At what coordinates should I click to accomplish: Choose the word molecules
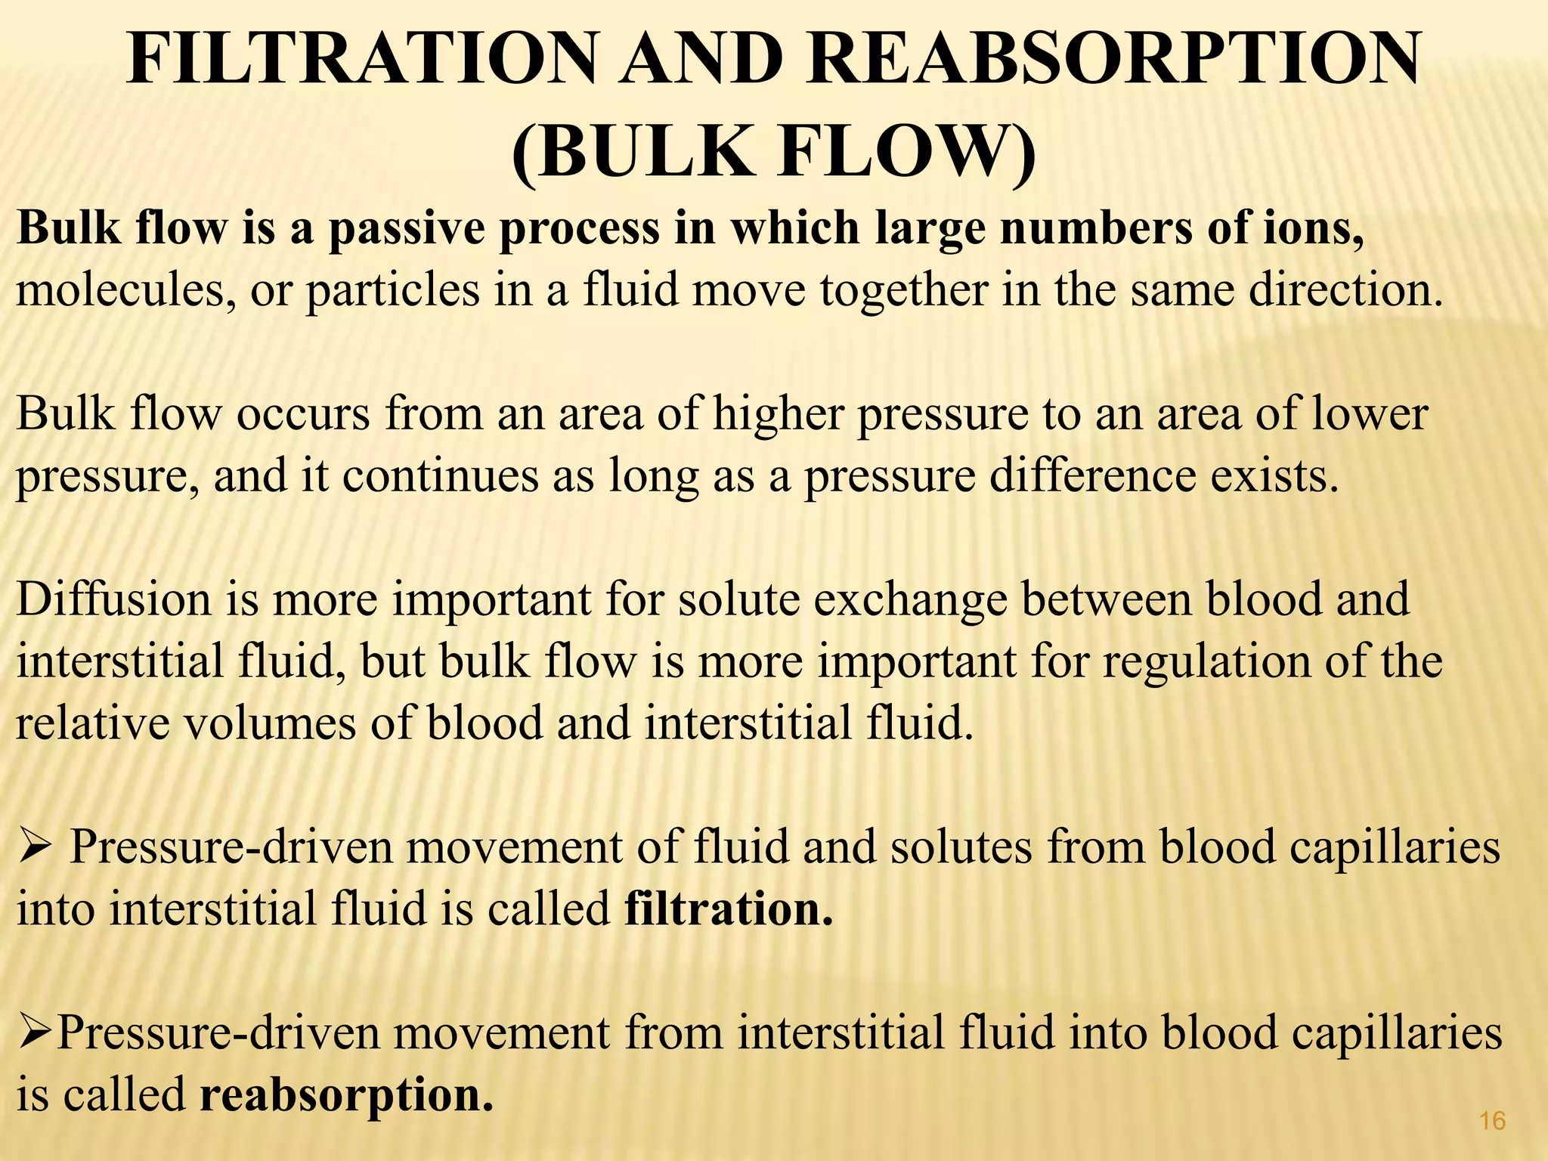click(x=121, y=290)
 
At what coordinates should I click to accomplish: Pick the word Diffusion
click(x=113, y=599)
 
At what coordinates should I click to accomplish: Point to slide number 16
click(x=1493, y=1120)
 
